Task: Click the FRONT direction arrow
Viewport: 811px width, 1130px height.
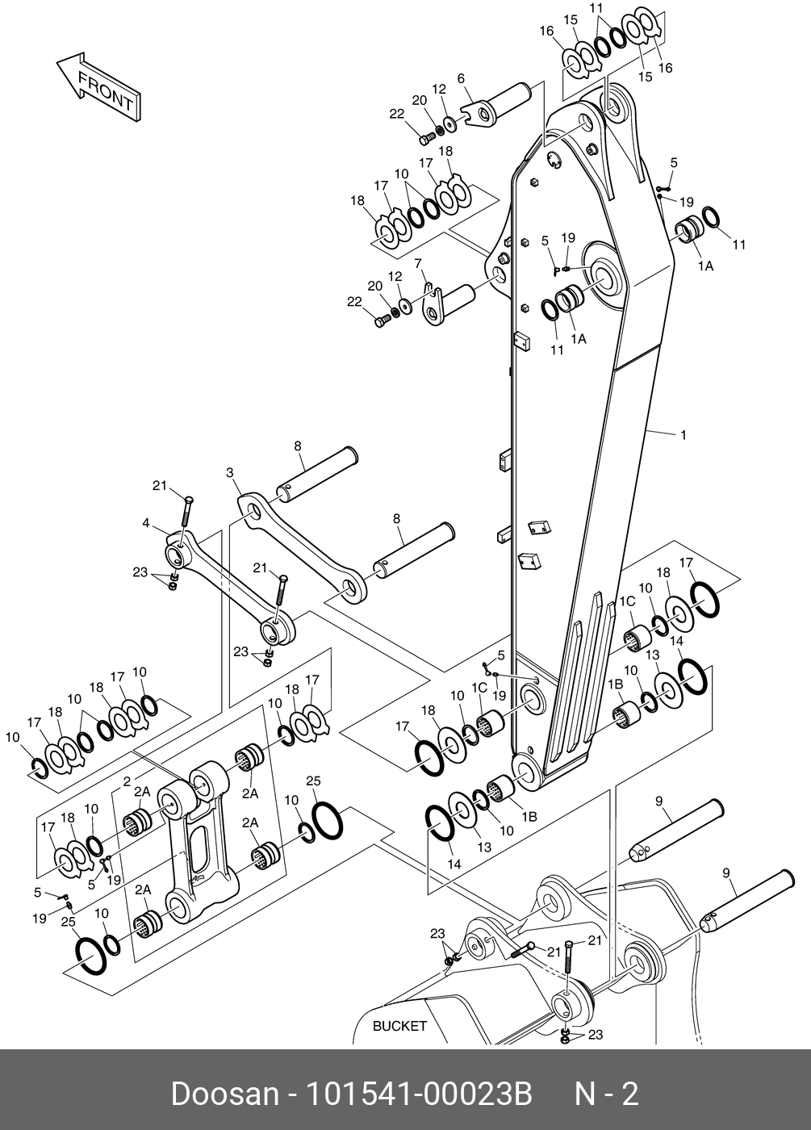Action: (x=98, y=87)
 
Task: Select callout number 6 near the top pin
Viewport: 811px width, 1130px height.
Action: (x=461, y=79)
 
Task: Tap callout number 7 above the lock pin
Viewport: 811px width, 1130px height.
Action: (x=418, y=263)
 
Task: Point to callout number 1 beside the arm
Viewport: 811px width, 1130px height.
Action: (x=683, y=434)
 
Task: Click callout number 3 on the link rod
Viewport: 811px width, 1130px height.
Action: (x=230, y=473)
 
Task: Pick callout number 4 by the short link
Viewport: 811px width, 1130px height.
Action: (x=146, y=523)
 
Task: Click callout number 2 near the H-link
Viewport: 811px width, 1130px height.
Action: (x=127, y=782)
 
